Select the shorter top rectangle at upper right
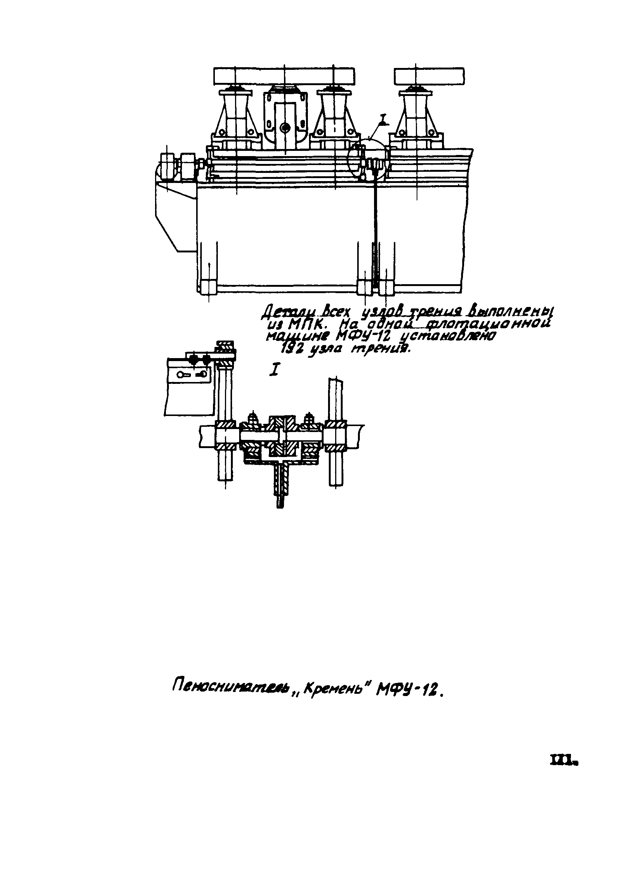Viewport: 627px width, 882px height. [429, 76]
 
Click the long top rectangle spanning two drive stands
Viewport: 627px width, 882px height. [284, 76]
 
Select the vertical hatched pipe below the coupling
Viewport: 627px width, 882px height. [280, 482]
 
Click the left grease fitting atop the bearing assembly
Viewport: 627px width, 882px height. [253, 417]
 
